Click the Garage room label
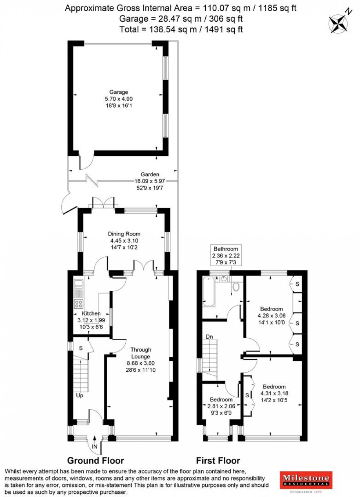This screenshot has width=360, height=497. (119, 92)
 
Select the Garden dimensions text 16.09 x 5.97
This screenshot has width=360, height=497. (150, 181)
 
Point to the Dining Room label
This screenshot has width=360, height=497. (124, 234)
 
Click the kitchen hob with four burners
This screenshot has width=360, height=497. (79, 304)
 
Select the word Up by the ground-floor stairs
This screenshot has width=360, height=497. (79, 396)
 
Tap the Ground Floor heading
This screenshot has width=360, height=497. (96, 461)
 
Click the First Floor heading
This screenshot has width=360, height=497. (218, 461)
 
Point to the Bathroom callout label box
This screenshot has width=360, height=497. (226, 255)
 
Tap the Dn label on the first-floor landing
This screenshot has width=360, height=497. (209, 336)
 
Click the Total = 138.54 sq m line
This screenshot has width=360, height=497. (181, 29)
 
